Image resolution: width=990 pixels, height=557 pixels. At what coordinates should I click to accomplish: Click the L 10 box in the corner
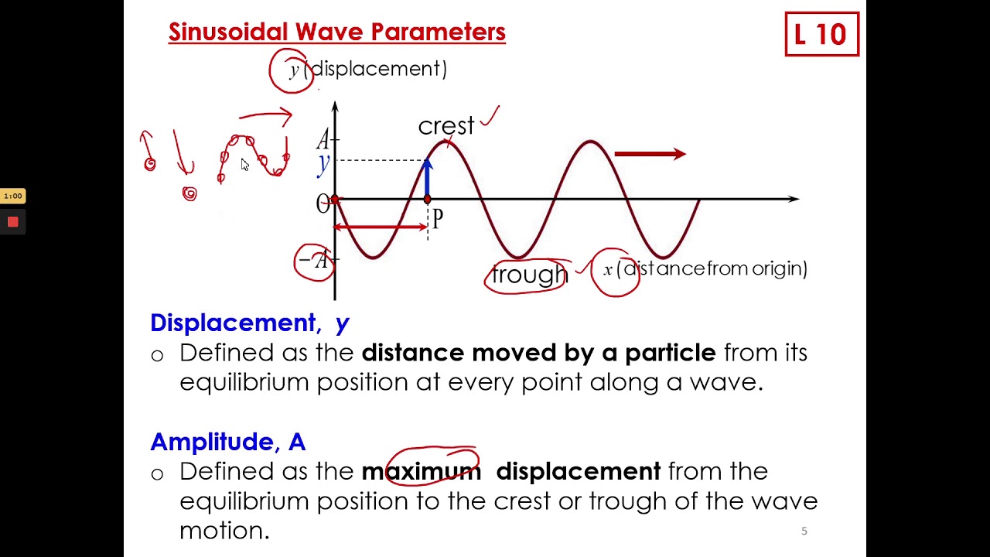coord(821,34)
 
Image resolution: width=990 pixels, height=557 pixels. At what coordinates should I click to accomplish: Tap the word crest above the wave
coord(445,126)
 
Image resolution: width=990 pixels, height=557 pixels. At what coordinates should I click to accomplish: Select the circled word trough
coord(529,275)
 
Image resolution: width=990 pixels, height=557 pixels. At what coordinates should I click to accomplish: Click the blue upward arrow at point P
coord(428,179)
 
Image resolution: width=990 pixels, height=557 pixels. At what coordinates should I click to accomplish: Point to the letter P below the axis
coord(438,220)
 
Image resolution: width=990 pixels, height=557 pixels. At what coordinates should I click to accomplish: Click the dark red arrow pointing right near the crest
coord(650,155)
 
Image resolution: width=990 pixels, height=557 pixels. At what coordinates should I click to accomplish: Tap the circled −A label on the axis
coord(314,261)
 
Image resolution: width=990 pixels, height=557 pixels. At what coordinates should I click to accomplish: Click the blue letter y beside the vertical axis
coord(323,163)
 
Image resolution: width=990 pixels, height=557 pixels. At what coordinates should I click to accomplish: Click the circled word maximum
coord(422,471)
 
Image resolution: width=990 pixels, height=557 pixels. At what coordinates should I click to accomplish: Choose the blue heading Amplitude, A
coord(227,442)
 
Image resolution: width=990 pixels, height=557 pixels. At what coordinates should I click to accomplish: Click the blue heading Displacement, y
coord(249,323)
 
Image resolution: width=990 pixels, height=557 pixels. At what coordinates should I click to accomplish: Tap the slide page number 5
coord(804,531)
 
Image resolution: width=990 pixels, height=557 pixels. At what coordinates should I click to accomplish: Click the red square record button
coord(13,222)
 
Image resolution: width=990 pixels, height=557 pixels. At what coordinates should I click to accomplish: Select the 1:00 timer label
coord(13,196)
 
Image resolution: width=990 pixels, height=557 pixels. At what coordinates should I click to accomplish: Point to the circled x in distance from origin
coord(609,269)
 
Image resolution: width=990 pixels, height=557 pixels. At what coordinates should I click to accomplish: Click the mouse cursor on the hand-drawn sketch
coord(244,165)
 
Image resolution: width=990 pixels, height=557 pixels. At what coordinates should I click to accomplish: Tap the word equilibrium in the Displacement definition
coord(244,382)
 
